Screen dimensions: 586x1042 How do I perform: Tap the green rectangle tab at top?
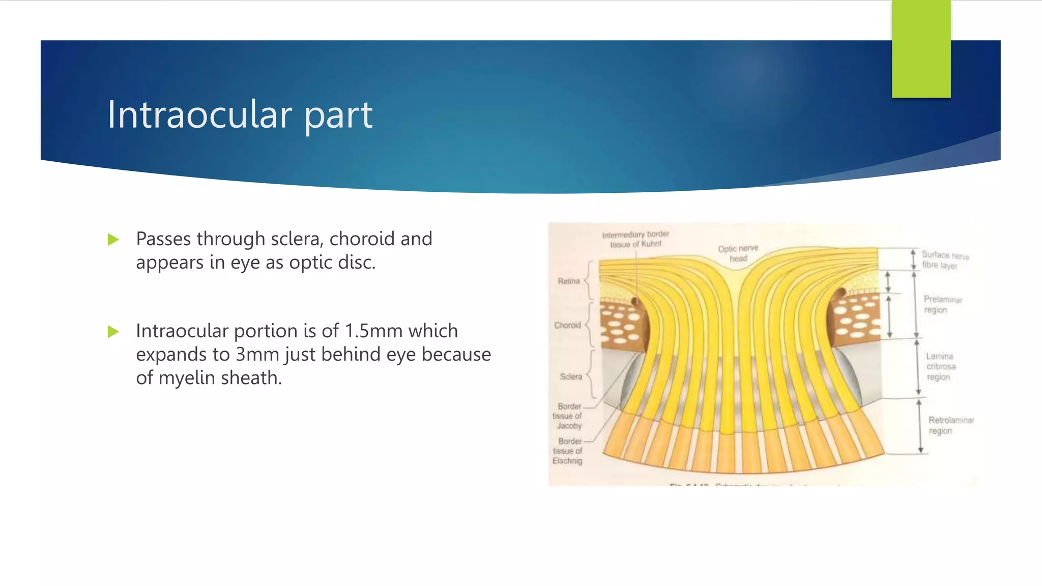921,49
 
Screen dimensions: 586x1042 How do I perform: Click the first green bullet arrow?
113,240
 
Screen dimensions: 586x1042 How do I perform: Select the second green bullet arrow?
113,332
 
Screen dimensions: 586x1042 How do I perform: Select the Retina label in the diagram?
568,281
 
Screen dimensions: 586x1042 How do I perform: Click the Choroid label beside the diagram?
567,325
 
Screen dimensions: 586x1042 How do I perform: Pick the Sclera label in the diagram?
570,376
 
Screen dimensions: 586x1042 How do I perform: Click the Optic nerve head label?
738,253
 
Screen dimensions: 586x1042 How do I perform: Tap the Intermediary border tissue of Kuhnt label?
635,239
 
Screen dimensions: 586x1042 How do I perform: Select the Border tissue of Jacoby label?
568,416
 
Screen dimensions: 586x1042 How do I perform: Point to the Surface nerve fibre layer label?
945,260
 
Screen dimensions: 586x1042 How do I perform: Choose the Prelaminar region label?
942,304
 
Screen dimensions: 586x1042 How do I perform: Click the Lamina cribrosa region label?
940,366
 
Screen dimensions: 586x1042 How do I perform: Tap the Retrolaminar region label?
950,425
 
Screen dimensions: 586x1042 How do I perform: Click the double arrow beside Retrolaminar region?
920,426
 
